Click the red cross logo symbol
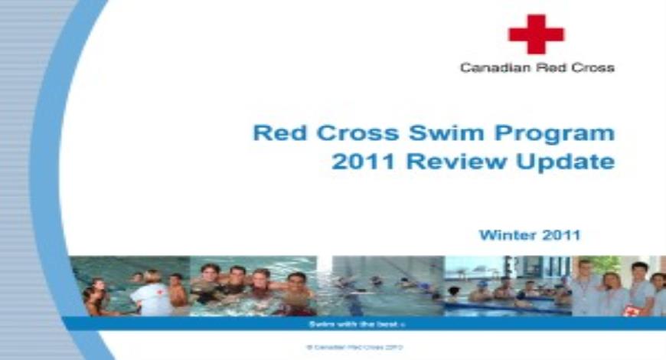click(536, 34)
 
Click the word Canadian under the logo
click(488, 68)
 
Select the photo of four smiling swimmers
click(253, 286)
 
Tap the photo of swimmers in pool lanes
click(380, 286)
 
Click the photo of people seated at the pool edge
click(508, 286)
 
